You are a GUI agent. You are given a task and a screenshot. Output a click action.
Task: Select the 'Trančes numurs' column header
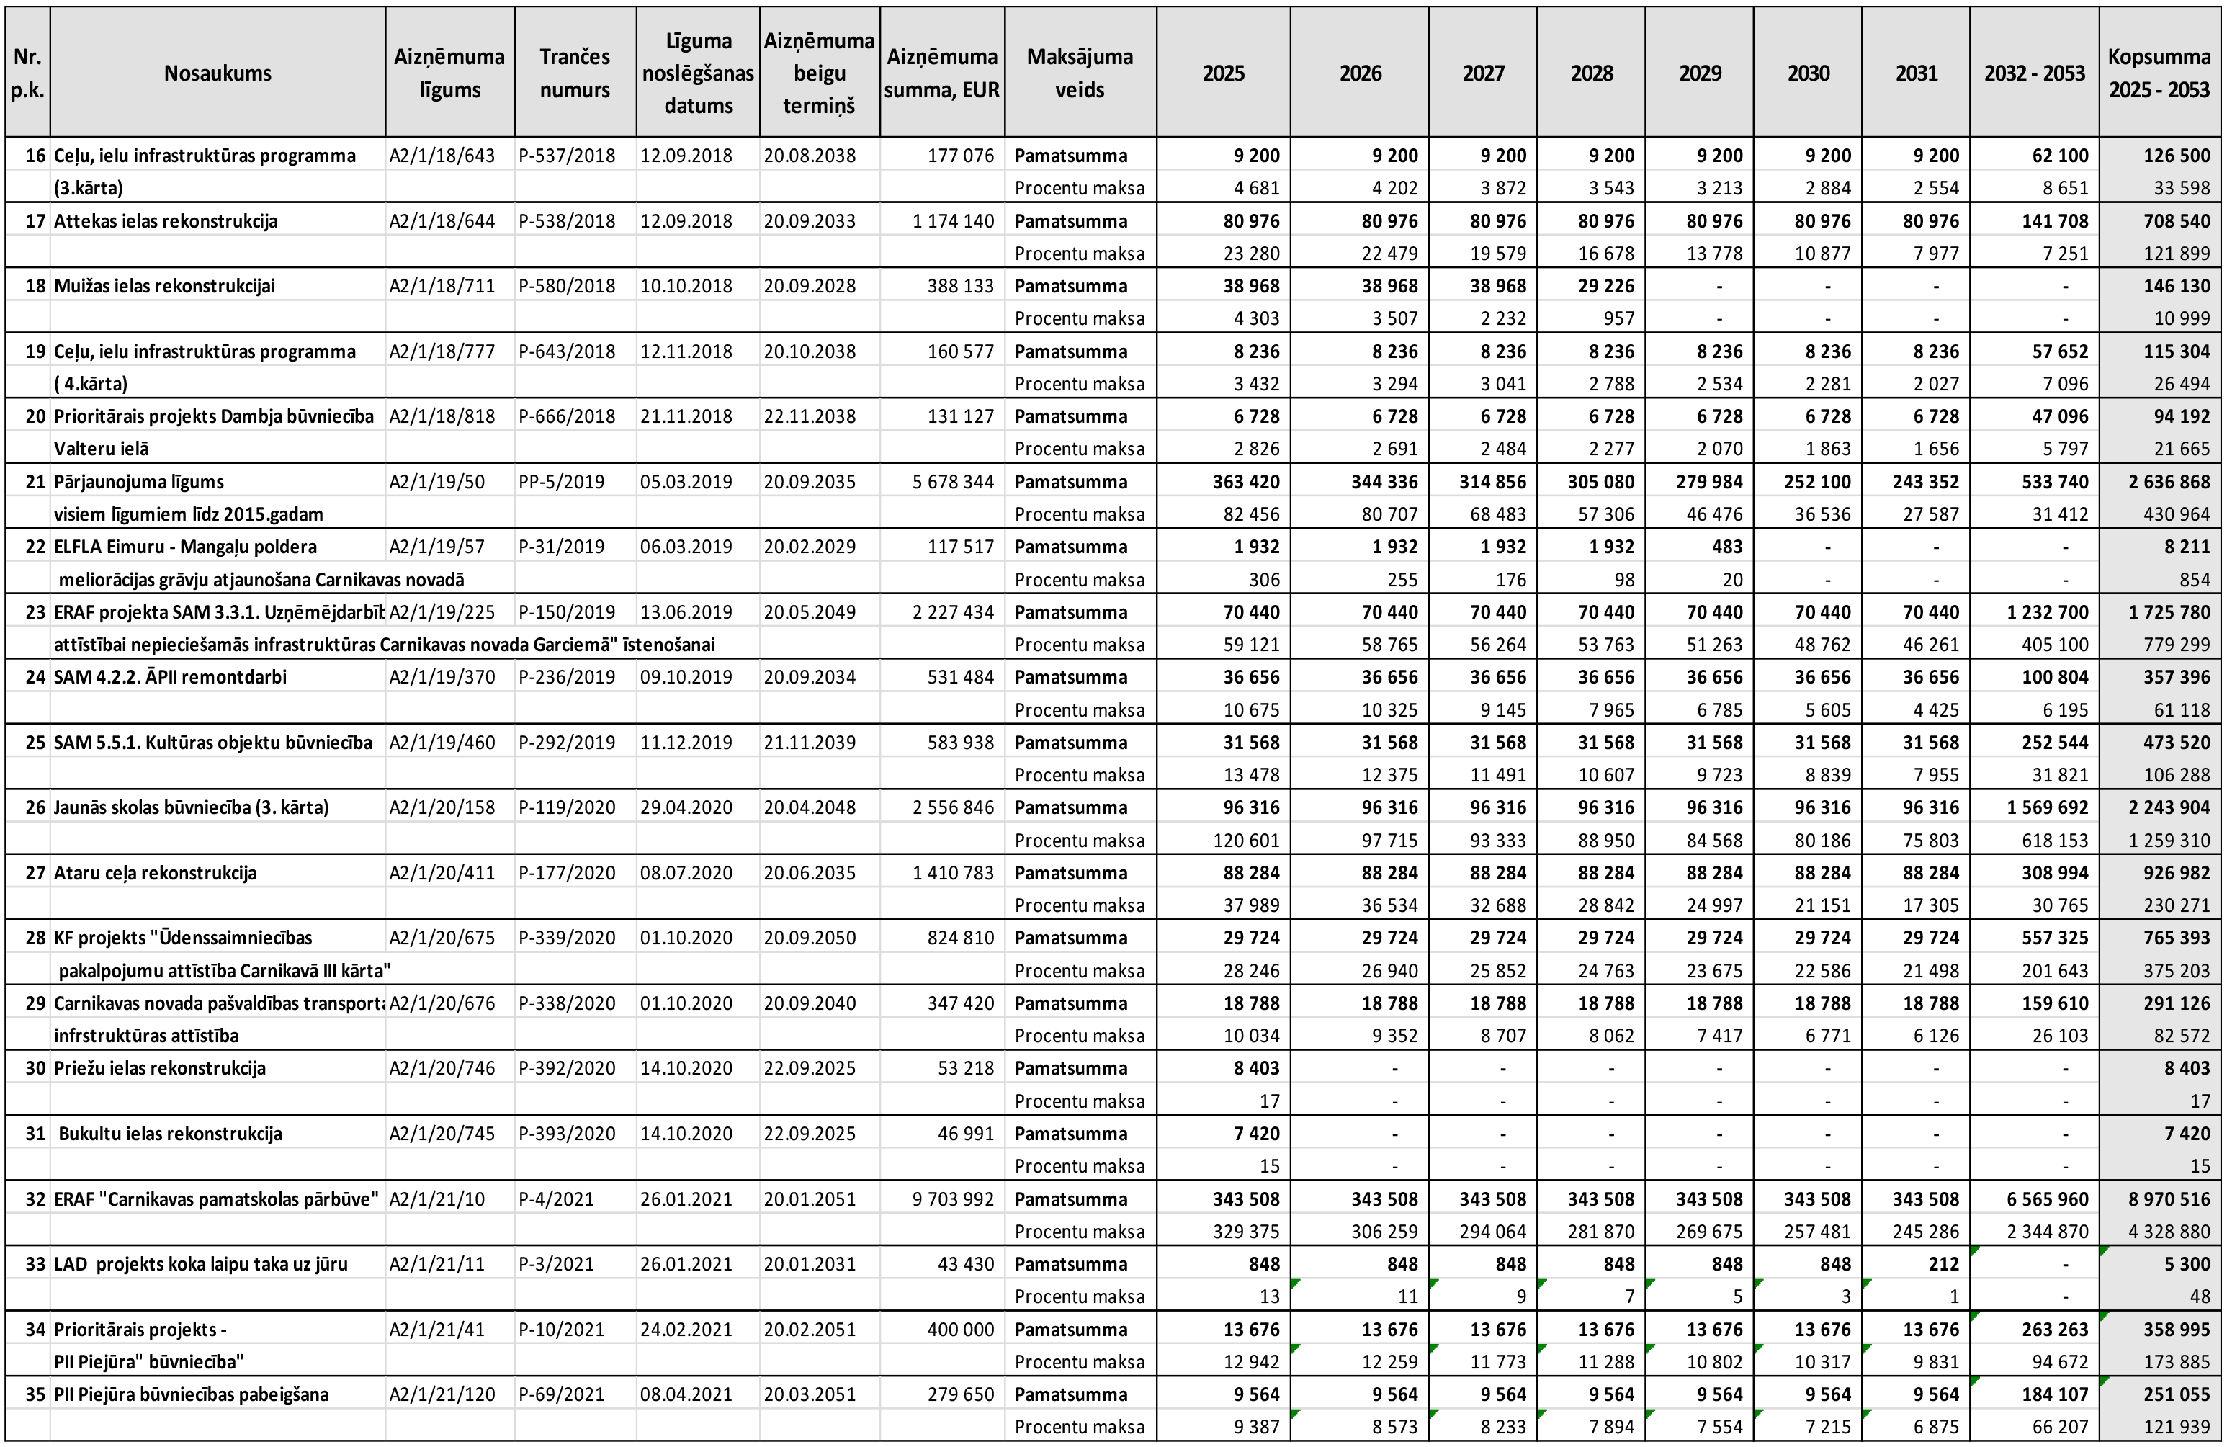tap(575, 73)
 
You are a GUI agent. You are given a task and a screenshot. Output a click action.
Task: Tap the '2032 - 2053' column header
tap(2034, 73)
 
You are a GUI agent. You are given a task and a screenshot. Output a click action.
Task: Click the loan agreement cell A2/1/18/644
tap(442, 222)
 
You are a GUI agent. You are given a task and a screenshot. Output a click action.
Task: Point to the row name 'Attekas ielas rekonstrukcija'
tap(166, 222)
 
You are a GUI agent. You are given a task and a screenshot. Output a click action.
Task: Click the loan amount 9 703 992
tap(953, 1199)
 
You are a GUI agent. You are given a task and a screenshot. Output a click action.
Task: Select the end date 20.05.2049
tap(810, 612)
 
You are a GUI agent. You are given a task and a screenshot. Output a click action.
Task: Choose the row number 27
tap(35, 873)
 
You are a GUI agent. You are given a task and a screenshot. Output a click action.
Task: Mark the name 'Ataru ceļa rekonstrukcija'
tap(156, 873)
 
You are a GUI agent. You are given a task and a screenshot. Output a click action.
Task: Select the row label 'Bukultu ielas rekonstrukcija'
tap(170, 1134)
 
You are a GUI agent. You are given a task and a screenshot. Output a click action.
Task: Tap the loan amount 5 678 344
tap(953, 482)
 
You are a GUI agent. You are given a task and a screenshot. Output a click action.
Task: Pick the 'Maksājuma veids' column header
tap(1080, 73)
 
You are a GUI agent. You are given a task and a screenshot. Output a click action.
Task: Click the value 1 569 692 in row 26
tap(2048, 807)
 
